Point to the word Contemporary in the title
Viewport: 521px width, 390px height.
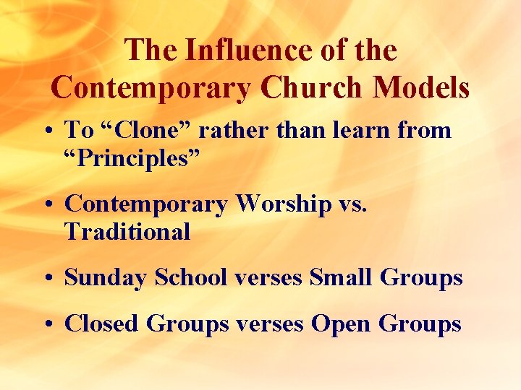152,87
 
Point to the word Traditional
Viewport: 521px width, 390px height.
127,232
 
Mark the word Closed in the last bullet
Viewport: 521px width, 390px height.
102,324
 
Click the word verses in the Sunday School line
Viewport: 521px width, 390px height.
267,278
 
